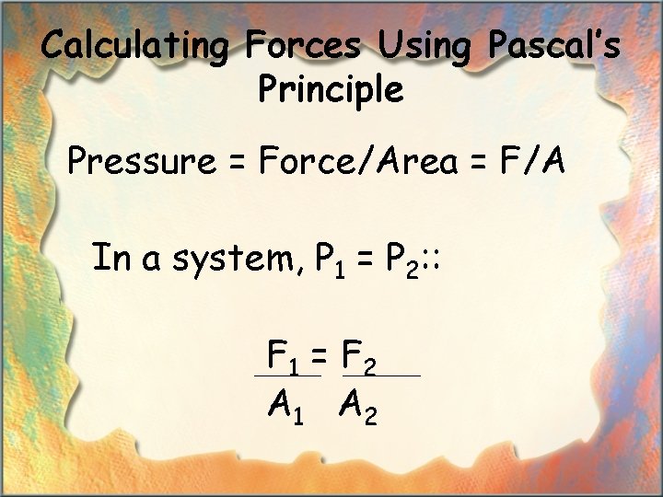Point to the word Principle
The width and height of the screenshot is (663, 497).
[x=331, y=90]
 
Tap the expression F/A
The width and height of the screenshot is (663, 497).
[x=532, y=162]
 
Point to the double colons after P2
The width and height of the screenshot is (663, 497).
[x=436, y=261]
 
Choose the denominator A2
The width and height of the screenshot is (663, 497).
[x=358, y=405]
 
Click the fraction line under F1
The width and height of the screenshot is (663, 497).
[x=287, y=376]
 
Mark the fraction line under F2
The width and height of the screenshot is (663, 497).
[x=381, y=376]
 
